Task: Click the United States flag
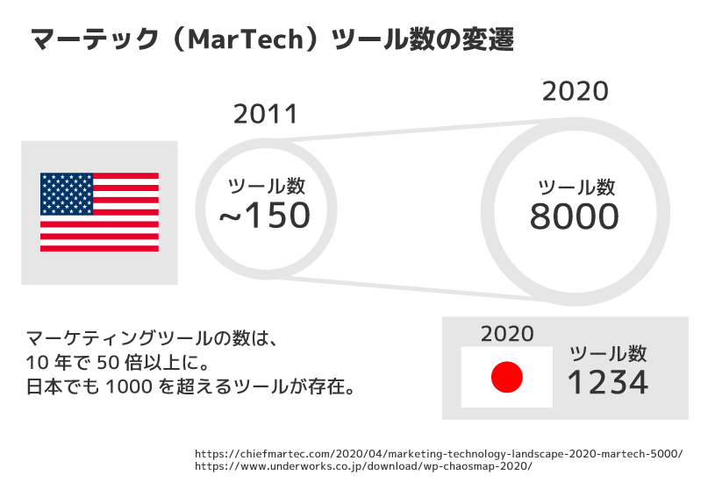99,212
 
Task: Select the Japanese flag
506,377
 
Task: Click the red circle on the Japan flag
506,378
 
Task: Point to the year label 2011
266,114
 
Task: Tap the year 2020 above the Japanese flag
507,334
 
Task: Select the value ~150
265,216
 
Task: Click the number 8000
575,216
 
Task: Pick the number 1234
607,382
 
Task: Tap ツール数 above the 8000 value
576,187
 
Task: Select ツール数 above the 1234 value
608,353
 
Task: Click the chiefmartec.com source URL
438,453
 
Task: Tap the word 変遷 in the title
486,39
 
